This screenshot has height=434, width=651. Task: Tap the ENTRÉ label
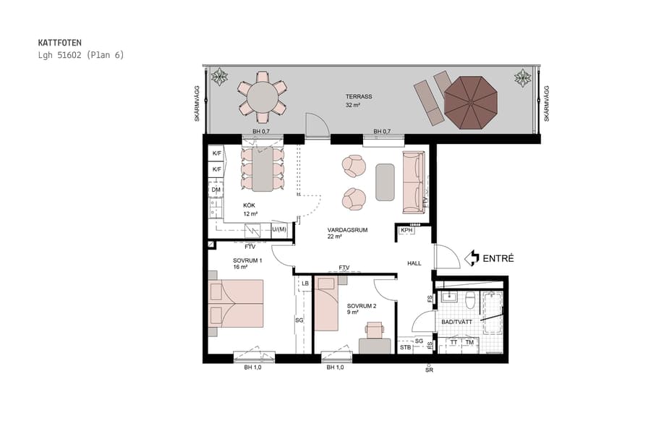click(x=498, y=258)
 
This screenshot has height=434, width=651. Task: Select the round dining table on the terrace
click(x=262, y=95)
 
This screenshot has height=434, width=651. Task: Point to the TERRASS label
click(x=357, y=96)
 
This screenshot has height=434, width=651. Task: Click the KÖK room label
click(x=250, y=205)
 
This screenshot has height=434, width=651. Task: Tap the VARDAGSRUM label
click(x=347, y=229)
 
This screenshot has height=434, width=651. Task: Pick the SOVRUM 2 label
click(x=361, y=306)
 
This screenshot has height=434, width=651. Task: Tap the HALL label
click(x=414, y=263)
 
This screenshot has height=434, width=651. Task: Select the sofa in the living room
click(x=413, y=181)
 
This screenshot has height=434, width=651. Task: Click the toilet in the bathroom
click(x=469, y=299)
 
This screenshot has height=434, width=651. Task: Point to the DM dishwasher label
click(x=216, y=190)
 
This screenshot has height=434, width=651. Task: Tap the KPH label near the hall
click(x=406, y=231)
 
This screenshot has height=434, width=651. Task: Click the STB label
click(x=405, y=347)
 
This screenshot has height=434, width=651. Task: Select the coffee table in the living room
click(x=385, y=182)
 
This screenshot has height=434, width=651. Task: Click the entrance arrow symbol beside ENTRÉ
click(x=472, y=258)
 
